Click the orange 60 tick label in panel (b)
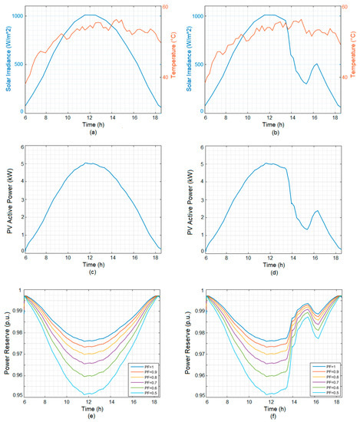pyautogui.click(x=345, y=8)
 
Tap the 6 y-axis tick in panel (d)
pyautogui.click(x=201, y=148)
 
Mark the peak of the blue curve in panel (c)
pyautogui.click(x=91, y=163)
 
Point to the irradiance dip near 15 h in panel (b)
pyautogui.click(x=306, y=83)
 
